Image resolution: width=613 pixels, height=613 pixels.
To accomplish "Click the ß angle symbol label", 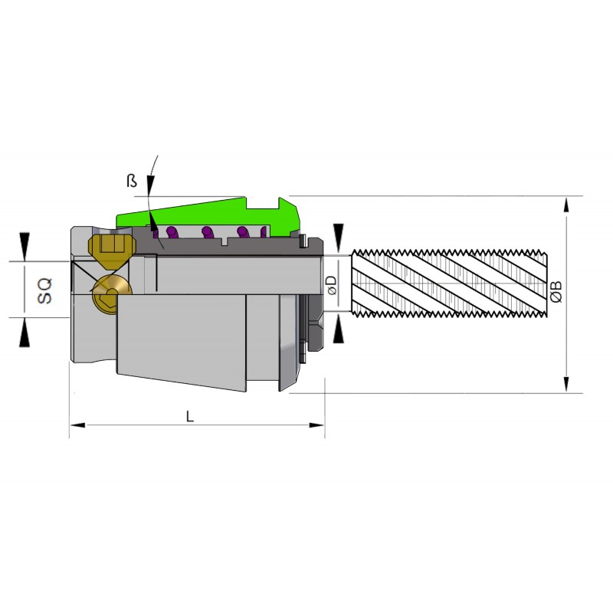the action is [x=132, y=181].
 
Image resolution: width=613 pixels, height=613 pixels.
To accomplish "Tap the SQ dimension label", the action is [x=44, y=290].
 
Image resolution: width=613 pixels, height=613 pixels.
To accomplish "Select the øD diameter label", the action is [x=331, y=285].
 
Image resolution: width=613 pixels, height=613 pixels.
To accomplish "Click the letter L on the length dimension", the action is [x=189, y=416].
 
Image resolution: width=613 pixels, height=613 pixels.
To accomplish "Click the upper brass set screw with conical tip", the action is [x=112, y=251].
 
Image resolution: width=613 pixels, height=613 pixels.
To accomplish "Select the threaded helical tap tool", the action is [x=449, y=283].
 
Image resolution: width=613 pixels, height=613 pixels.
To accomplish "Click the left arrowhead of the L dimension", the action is [x=77, y=425].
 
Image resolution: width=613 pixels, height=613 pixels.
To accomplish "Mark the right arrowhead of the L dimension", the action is [x=316, y=425].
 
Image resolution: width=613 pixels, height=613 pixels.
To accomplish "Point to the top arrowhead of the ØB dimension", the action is [x=566, y=205].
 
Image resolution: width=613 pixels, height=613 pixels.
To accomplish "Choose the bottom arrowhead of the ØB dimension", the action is [x=566, y=385].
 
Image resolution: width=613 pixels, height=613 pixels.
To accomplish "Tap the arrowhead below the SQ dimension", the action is [x=25, y=332].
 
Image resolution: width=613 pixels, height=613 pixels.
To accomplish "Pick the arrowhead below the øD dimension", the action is [x=339, y=329].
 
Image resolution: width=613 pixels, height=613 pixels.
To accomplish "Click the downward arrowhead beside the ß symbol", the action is [x=150, y=185].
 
